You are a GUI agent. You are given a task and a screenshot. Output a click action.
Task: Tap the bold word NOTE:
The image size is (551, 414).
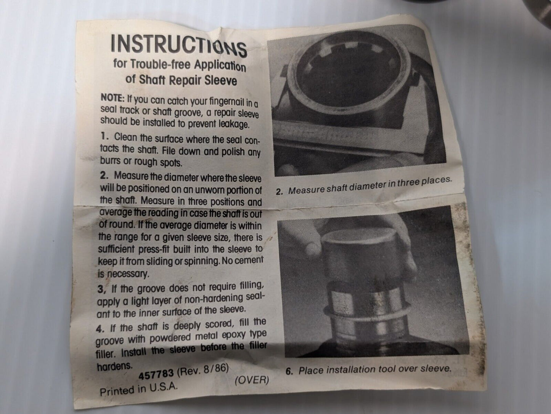(x=113, y=98)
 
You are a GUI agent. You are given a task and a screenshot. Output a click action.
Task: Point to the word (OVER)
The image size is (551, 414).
(x=252, y=380)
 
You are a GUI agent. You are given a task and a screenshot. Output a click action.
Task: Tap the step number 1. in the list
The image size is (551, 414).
(x=105, y=137)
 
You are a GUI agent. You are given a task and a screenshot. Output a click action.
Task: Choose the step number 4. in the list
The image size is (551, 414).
(x=100, y=329)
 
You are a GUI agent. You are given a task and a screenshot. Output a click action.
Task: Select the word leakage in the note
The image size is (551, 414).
(x=234, y=124)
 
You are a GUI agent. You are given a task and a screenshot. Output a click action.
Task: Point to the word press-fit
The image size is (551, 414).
(x=154, y=249)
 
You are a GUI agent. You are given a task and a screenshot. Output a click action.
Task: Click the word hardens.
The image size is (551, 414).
(x=114, y=367)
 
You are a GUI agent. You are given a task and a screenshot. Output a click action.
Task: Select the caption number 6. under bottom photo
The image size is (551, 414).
(x=289, y=371)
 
